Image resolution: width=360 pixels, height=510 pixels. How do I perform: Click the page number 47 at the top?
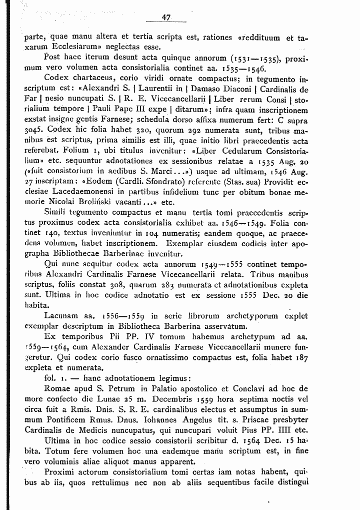166,17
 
